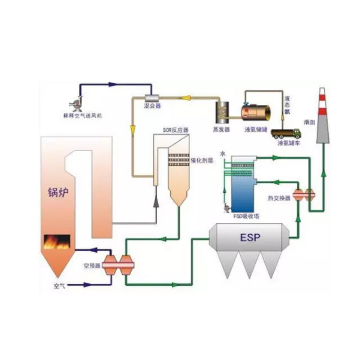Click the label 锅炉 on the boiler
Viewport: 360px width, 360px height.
tap(59, 193)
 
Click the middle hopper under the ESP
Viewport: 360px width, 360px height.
tap(248, 264)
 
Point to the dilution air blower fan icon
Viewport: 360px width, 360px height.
tap(74, 103)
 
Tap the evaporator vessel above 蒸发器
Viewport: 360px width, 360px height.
tap(223, 111)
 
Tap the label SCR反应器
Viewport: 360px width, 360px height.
tap(176, 129)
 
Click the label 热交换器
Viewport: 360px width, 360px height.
tap(280, 198)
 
